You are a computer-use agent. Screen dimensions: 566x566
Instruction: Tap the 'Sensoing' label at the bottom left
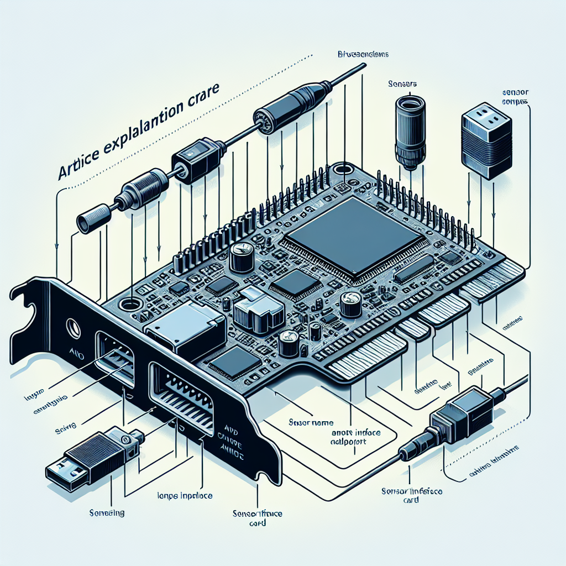107,512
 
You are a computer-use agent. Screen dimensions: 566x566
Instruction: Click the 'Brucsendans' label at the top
363,55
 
